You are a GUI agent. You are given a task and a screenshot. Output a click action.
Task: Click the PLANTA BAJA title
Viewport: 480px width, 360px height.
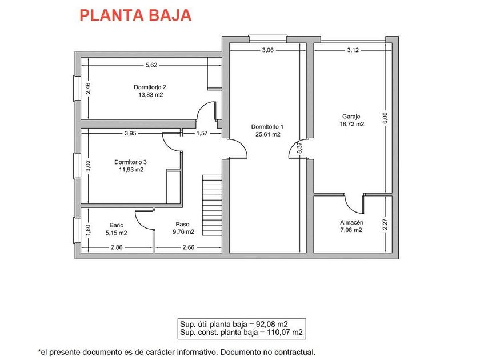pos(135,15)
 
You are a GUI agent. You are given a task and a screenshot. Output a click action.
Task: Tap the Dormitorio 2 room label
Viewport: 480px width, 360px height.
pos(150,87)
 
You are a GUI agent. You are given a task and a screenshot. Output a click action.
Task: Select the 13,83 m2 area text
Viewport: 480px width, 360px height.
pos(150,95)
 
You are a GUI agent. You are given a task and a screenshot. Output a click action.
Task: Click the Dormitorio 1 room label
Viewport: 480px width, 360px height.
pos(267,126)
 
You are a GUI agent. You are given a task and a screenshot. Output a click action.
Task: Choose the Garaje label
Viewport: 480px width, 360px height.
pos(351,116)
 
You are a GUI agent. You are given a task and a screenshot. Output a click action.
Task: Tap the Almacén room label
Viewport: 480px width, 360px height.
pos(351,222)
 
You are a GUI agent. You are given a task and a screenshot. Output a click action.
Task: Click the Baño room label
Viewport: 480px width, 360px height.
pos(117,225)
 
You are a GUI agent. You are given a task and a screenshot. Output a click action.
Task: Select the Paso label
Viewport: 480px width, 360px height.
pos(182,225)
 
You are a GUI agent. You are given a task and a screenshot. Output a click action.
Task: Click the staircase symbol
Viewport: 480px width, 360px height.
pos(211,195)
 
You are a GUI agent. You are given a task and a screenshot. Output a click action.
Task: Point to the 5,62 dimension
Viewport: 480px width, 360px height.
pos(151,65)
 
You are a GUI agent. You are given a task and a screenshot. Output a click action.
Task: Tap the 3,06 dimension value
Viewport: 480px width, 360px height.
pos(267,50)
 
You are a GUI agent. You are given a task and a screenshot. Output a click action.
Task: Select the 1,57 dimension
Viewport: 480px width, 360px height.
pos(202,134)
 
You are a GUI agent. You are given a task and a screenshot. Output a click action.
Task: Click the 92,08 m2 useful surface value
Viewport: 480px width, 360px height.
pos(282,324)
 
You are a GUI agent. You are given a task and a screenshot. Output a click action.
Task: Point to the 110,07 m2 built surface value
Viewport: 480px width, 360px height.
pos(282,332)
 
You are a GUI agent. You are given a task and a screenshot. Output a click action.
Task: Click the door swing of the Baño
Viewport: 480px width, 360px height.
pos(143,218)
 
